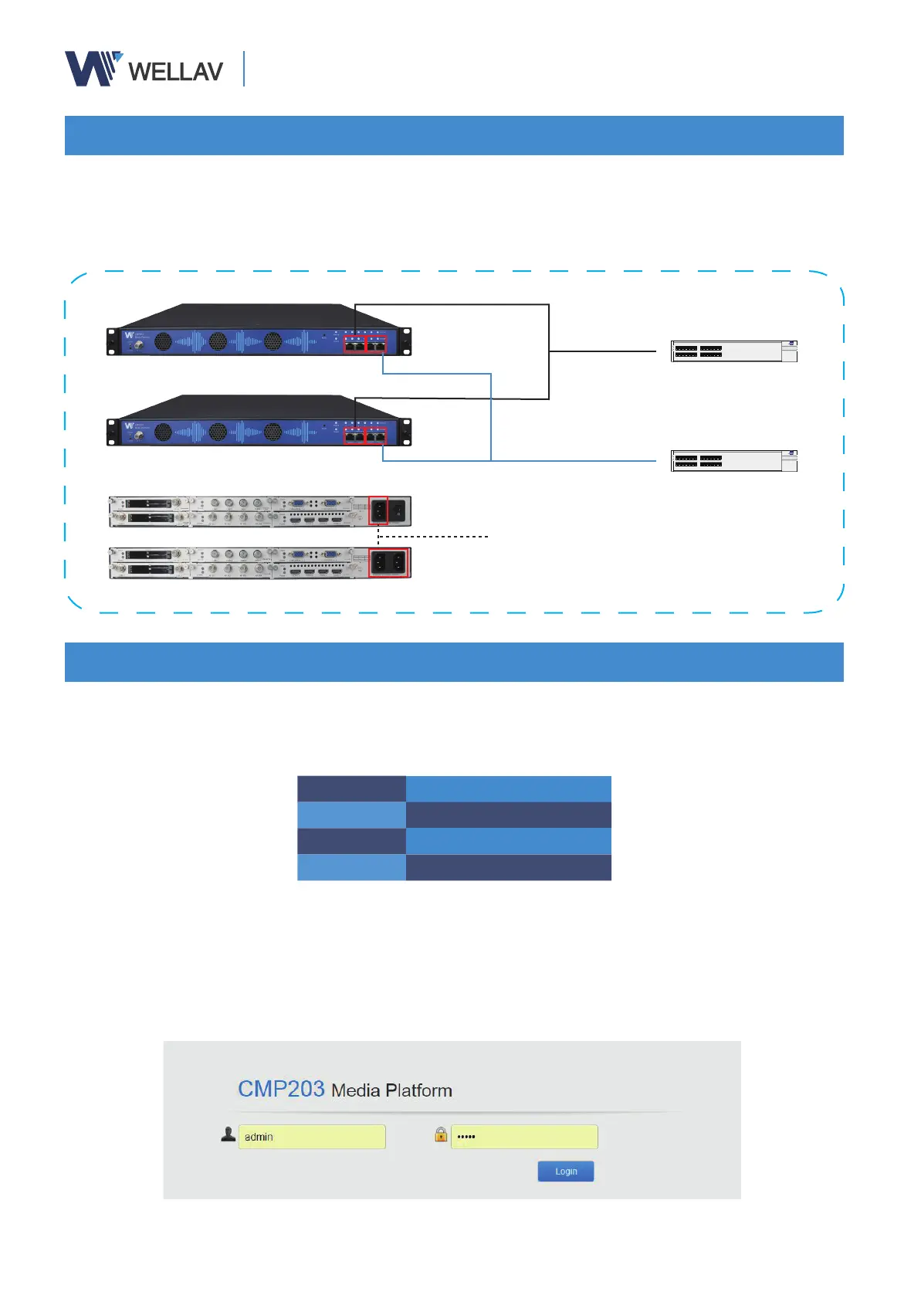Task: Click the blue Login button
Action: (566, 1171)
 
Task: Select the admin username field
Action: (312, 1137)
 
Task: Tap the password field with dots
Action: (524, 1137)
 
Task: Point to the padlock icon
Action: (441, 1134)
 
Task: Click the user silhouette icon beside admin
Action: (229, 1134)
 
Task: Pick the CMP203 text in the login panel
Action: (281, 1089)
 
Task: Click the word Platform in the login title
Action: (418, 1090)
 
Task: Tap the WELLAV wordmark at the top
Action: (175, 72)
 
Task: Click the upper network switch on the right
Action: (733, 351)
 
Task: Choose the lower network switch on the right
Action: (733, 461)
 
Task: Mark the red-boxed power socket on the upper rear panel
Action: (378, 511)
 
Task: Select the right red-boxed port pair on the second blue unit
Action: (376, 437)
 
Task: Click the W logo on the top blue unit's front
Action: (129, 336)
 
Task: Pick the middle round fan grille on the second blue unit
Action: (218, 432)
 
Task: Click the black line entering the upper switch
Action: (602, 351)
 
